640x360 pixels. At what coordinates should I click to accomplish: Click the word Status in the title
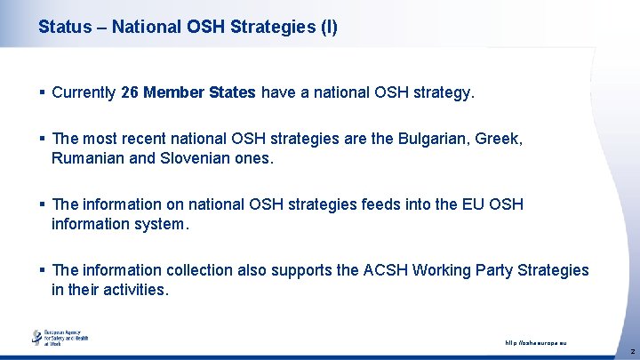point(63,28)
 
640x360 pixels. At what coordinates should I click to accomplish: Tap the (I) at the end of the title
point(328,28)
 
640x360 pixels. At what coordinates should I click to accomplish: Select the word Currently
point(84,92)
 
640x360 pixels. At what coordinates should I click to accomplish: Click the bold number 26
point(130,92)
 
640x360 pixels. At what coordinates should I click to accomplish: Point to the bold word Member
point(172,92)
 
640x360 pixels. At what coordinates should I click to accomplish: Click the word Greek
point(499,139)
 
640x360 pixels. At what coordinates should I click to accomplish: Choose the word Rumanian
point(88,158)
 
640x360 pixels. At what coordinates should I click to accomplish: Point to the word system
point(161,224)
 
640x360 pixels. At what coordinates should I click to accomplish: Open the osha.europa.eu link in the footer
point(535,342)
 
